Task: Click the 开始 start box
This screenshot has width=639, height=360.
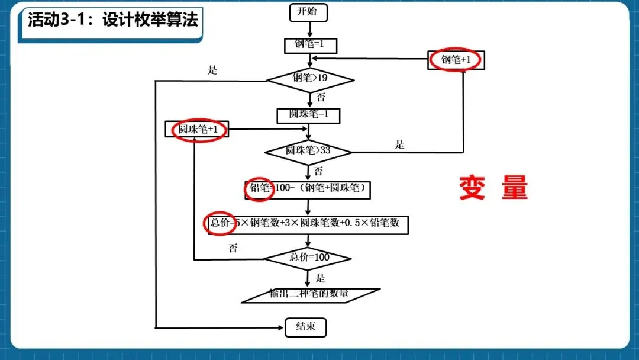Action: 308,12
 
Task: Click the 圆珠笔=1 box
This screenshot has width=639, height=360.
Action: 308,115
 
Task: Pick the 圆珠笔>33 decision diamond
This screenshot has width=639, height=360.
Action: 308,151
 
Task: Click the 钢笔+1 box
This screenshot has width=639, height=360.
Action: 454,60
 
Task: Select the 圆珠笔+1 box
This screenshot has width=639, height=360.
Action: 197,130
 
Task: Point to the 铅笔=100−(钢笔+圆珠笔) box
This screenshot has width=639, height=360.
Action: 308,189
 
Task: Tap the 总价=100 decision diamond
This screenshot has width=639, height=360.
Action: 308,258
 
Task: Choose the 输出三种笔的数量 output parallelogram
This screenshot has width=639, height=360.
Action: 310,294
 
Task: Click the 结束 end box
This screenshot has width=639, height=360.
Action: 305,327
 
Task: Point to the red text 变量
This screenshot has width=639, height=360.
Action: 493,188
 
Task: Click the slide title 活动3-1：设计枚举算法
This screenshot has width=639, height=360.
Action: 112,20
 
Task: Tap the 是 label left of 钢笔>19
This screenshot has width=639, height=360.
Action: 213,70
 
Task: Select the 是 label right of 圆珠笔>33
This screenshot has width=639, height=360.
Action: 400,144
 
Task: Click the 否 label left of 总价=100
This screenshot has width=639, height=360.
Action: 233,248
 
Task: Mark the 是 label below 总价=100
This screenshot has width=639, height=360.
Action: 320,278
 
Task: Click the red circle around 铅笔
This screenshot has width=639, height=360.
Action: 259,189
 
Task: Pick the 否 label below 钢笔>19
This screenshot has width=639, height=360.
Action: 320,97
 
